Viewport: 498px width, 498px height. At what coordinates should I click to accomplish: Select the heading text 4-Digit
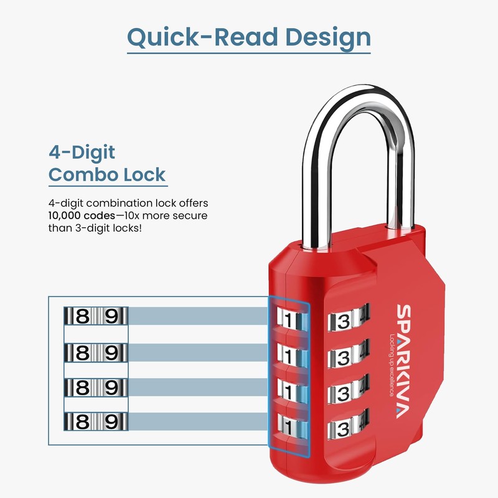click(82, 152)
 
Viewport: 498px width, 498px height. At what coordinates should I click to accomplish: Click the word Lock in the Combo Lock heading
click(143, 174)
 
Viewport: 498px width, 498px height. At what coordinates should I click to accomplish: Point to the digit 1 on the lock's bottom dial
click(288, 429)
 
